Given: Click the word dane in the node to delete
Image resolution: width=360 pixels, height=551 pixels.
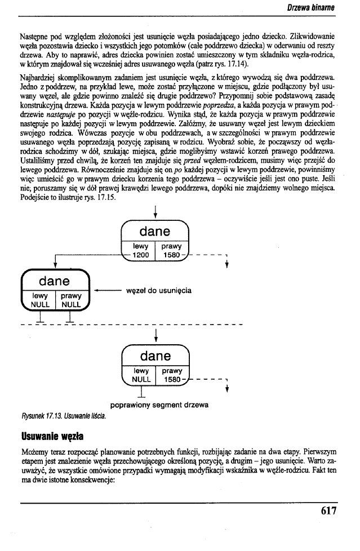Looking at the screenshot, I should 54,280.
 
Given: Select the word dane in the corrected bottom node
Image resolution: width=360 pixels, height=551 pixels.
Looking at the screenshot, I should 155,356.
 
